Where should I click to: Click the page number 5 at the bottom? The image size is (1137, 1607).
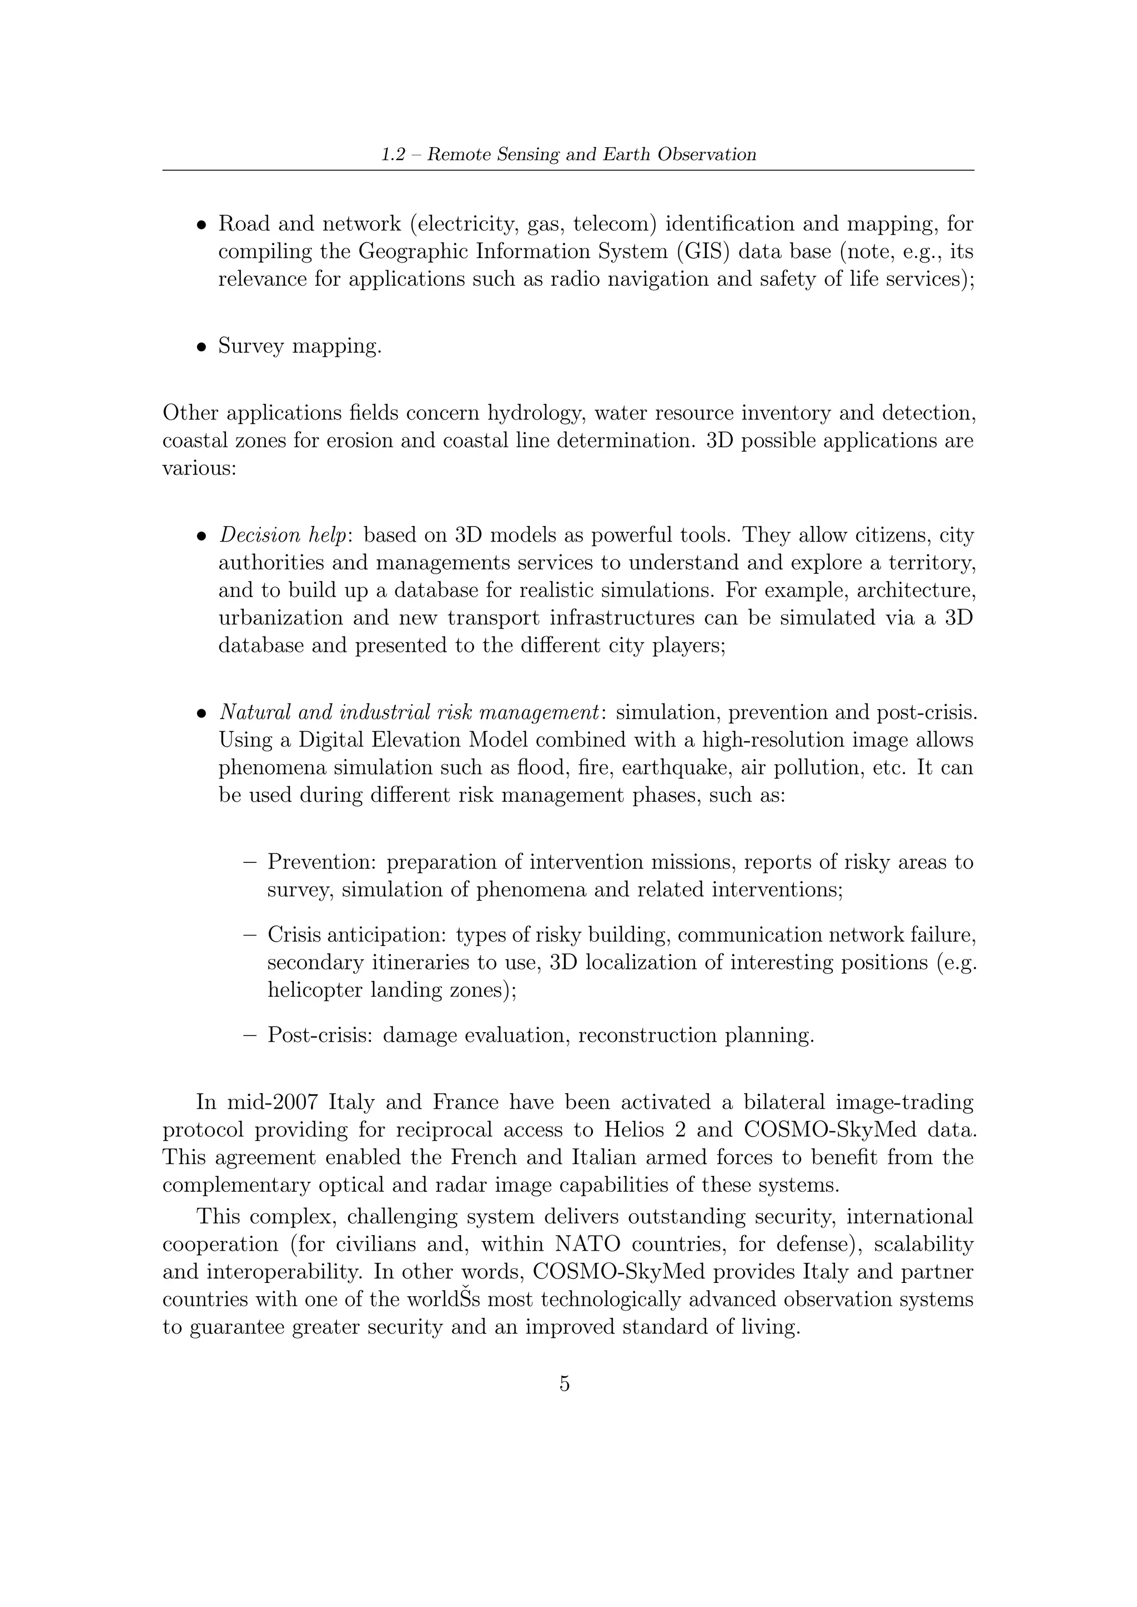[x=564, y=1384]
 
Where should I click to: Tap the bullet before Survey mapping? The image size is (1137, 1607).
[x=202, y=346]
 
